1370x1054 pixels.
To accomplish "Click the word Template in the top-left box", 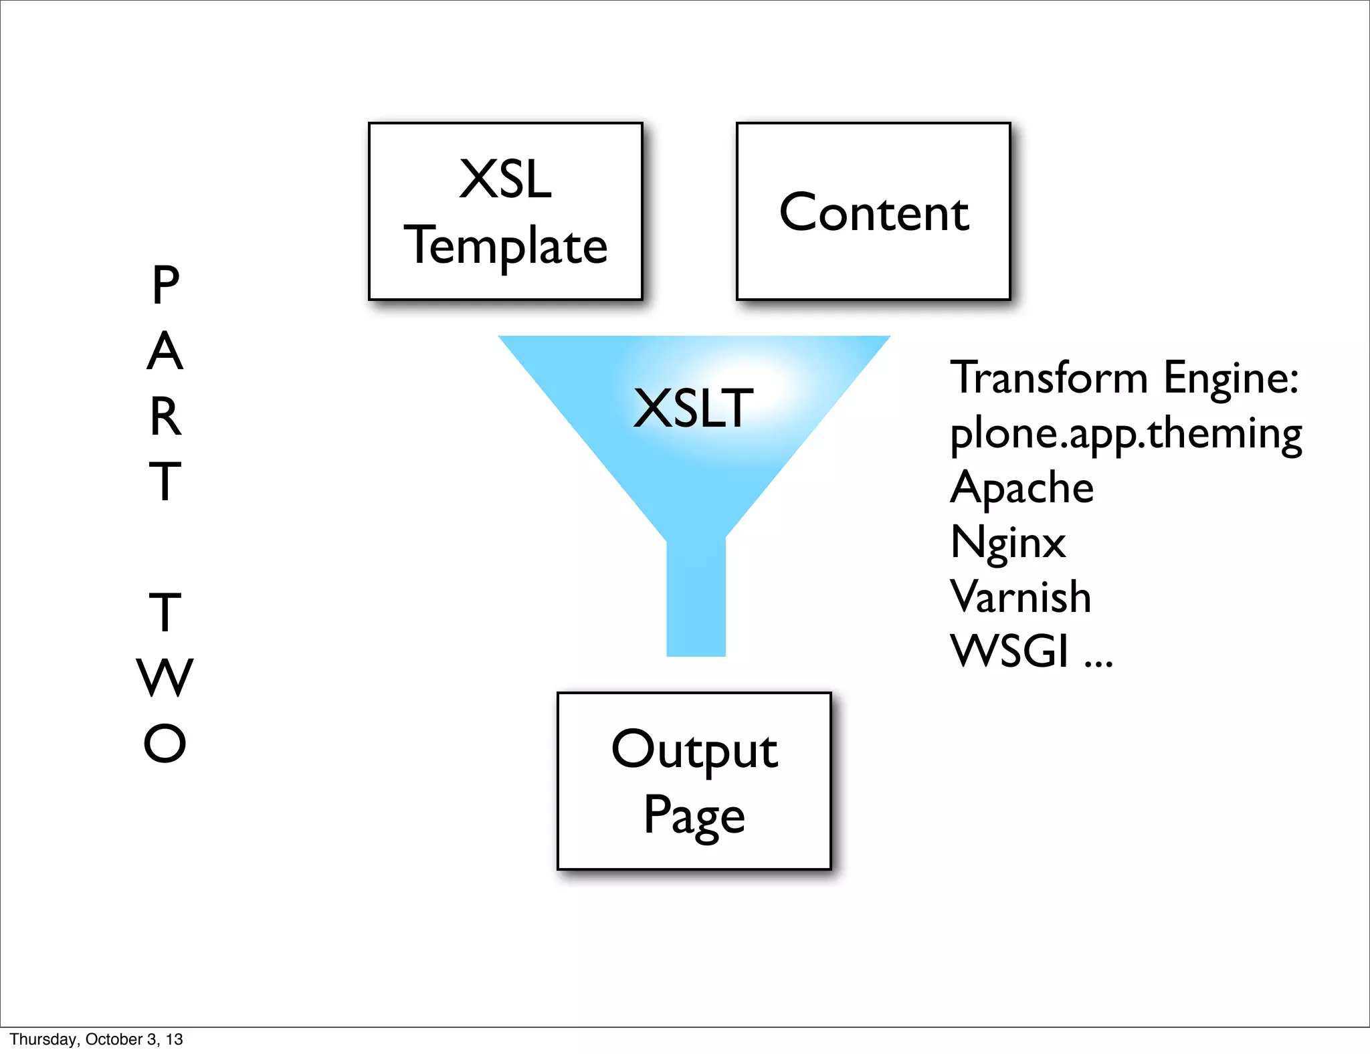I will pos(506,246).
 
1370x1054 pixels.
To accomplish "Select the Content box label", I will pos(874,213).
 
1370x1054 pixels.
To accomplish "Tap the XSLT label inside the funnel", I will pos(694,408).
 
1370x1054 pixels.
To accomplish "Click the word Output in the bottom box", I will pos(694,750).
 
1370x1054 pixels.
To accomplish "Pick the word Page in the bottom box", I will pos(694,816).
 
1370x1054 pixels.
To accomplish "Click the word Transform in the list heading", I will pos(1049,378).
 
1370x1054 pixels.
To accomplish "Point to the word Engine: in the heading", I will pos(1231,379).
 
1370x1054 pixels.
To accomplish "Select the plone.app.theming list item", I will pos(1126,435).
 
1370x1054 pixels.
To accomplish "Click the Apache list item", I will pos(1021,488).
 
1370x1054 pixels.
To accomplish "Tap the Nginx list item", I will pos(1007,542).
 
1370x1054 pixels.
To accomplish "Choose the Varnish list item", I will pos(1020,597).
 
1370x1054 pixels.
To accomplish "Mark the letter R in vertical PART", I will pos(165,417).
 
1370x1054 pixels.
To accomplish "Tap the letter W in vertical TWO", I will pos(165,677).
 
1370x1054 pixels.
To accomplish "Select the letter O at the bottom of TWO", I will pos(165,743).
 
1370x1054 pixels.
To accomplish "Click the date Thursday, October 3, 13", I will pos(96,1039).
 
